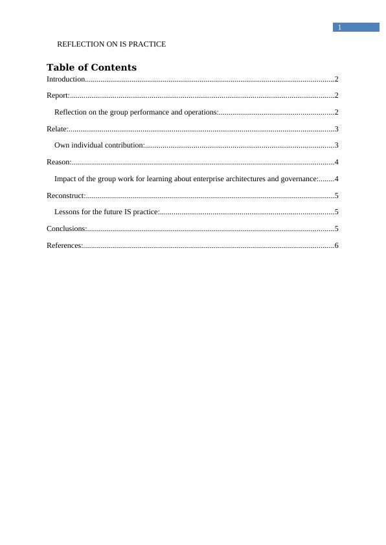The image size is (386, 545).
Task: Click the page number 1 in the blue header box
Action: click(x=339, y=27)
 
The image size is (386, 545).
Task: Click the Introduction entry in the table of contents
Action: click(x=65, y=79)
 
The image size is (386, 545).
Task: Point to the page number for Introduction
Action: click(x=337, y=79)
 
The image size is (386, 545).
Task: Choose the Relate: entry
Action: click(x=57, y=129)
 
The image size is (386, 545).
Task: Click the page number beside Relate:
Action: click(x=337, y=129)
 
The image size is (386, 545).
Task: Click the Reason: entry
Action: click(x=58, y=162)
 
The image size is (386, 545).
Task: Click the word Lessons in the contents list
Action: click(x=67, y=212)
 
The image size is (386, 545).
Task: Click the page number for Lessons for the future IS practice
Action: click(x=337, y=212)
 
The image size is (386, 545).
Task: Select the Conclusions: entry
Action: click(x=67, y=228)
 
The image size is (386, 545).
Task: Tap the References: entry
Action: click(x=64, y=245)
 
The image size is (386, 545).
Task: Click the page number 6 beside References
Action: click(x=337, y=245)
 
